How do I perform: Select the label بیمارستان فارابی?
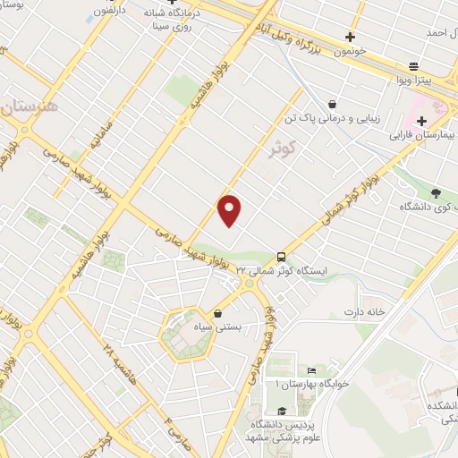(421, 137)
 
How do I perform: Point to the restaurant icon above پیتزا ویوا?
(413, 66)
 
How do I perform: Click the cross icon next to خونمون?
(350, 38)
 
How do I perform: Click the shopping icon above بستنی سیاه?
(219, 313)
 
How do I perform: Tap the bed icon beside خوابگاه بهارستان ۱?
(311, 370)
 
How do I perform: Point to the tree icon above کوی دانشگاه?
(436, 191)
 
